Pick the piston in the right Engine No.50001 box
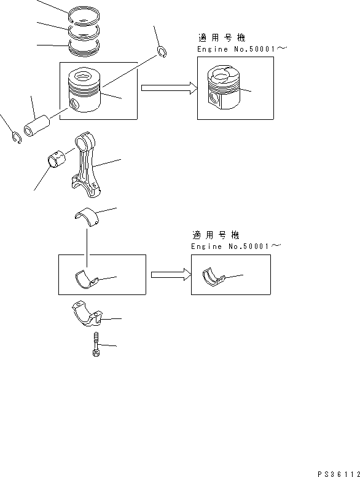click(224, 89)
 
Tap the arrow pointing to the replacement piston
click(168, 88)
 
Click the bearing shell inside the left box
click(86, 279)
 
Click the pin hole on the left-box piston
click(75, 103)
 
